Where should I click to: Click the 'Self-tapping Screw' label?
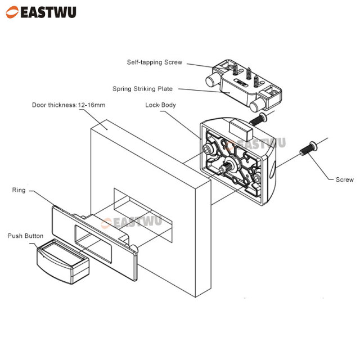[x=154, y=62]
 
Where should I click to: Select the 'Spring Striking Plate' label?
[x=142, y=89]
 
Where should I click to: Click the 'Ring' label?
[x=19, y=190]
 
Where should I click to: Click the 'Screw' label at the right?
[x=344, y=179]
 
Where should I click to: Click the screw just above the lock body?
[x=257, y=119]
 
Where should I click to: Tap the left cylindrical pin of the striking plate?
[x=213, y=80]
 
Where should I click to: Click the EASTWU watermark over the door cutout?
[x=137, y=220]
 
